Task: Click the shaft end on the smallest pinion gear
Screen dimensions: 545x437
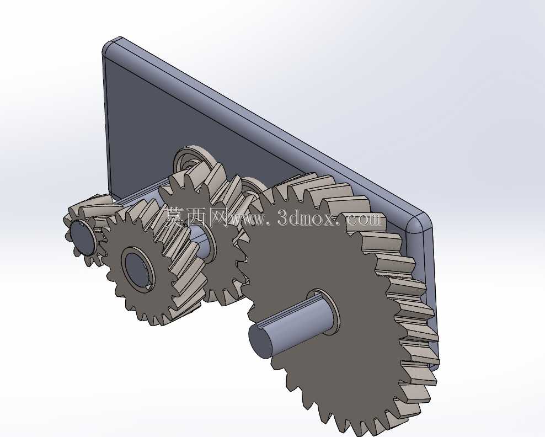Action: click(x=82, y=237)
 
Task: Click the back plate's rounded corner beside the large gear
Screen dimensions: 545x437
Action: click(x=419, y=222)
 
